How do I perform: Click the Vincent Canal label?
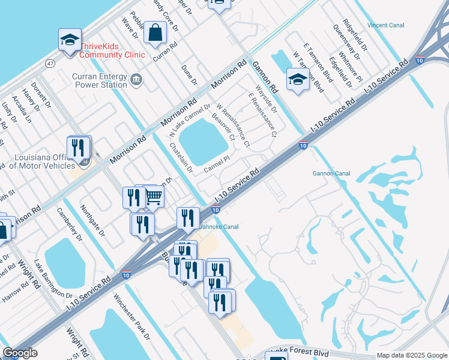pos(386,26)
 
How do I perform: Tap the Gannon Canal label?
pos(331,173)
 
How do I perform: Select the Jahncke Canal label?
pos(218,227)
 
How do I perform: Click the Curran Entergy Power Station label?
pos(100,80)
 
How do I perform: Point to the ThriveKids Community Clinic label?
pos(112,50)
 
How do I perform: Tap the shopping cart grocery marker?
pos(154,195)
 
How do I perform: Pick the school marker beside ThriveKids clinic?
pos(70,41)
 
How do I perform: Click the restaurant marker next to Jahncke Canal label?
pos(188,218)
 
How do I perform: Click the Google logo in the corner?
pos(20,353)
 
